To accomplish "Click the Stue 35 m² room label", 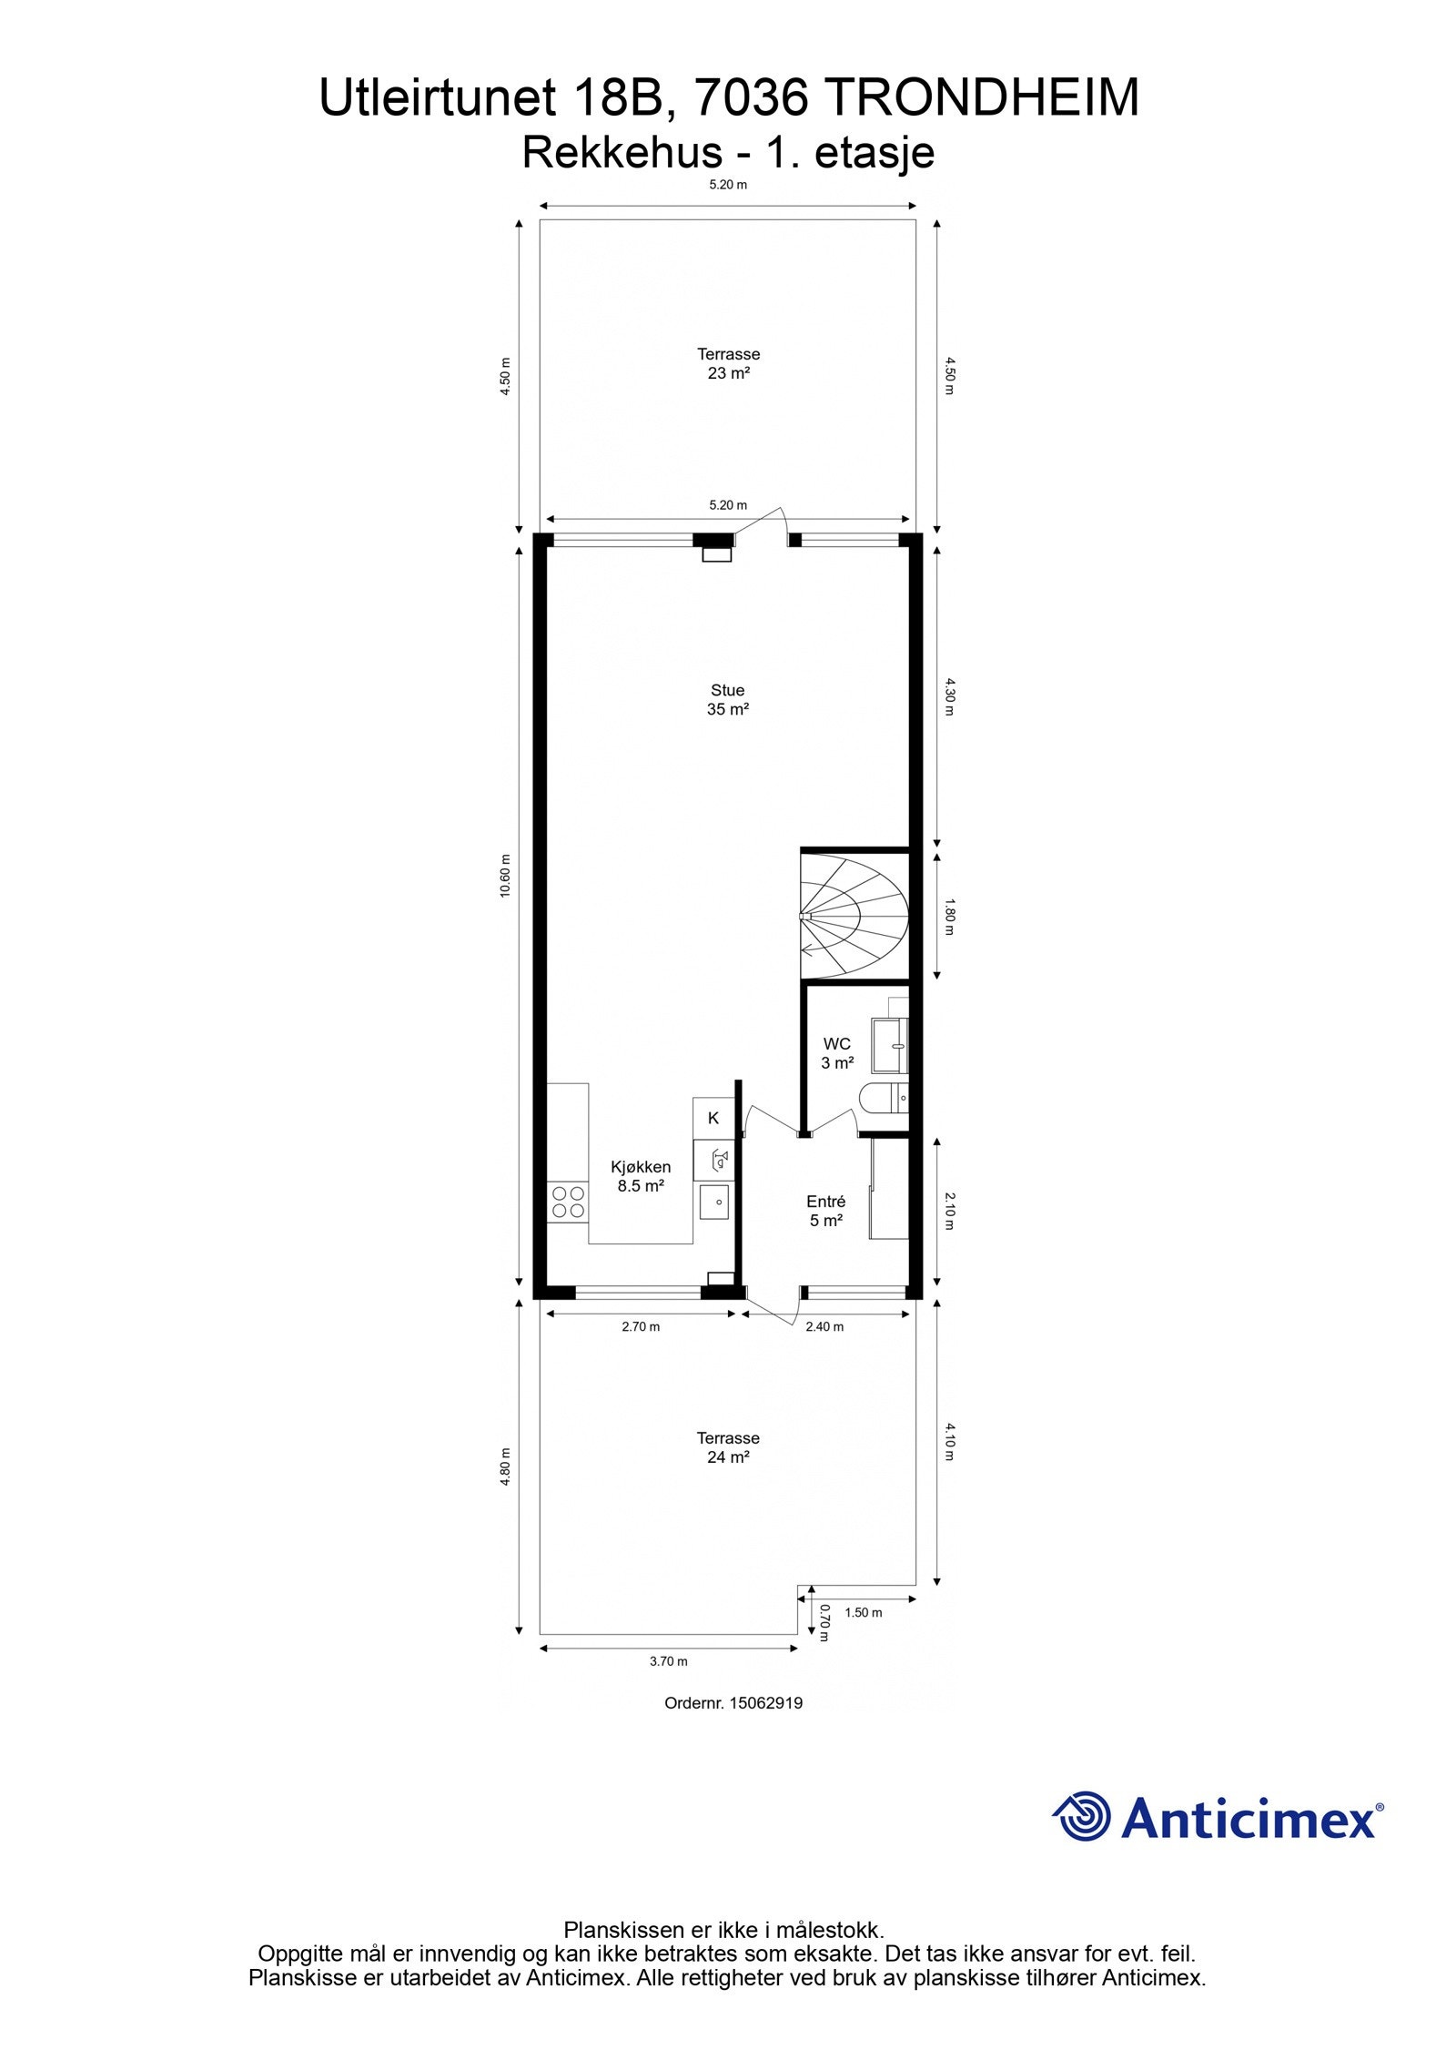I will [727, 700].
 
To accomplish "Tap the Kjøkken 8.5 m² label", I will [641, 1176].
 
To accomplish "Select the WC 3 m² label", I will [837, 1052].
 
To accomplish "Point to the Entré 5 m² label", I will [826, 1211].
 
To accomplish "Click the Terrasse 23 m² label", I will [728, 363].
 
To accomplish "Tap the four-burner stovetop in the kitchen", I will [568, 1202].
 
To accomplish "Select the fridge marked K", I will [713, 1119].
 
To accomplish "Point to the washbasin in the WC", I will [890, 1045].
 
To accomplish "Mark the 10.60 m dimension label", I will [506, 876].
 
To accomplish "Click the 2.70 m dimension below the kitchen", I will [641, 1326].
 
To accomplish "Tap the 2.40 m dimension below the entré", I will [824, 1326].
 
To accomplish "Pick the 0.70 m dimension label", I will [824, 1622].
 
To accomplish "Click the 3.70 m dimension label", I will [668, 1661].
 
